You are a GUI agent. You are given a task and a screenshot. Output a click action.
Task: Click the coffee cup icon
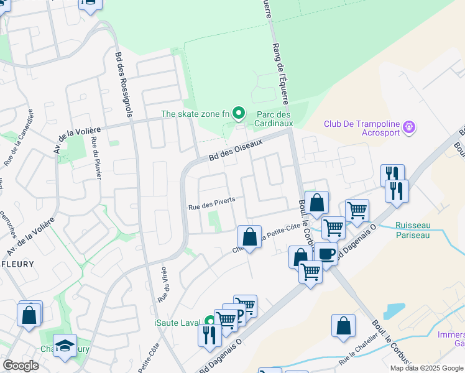pos(326,253)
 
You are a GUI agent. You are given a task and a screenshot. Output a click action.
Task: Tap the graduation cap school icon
pos(65,346)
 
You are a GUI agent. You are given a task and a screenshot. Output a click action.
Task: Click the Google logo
pos(21,366)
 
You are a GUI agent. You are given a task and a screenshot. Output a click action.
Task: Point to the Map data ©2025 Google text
pos(426,368)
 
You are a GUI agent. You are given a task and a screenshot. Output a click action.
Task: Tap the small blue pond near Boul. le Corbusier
pos(394,310)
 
